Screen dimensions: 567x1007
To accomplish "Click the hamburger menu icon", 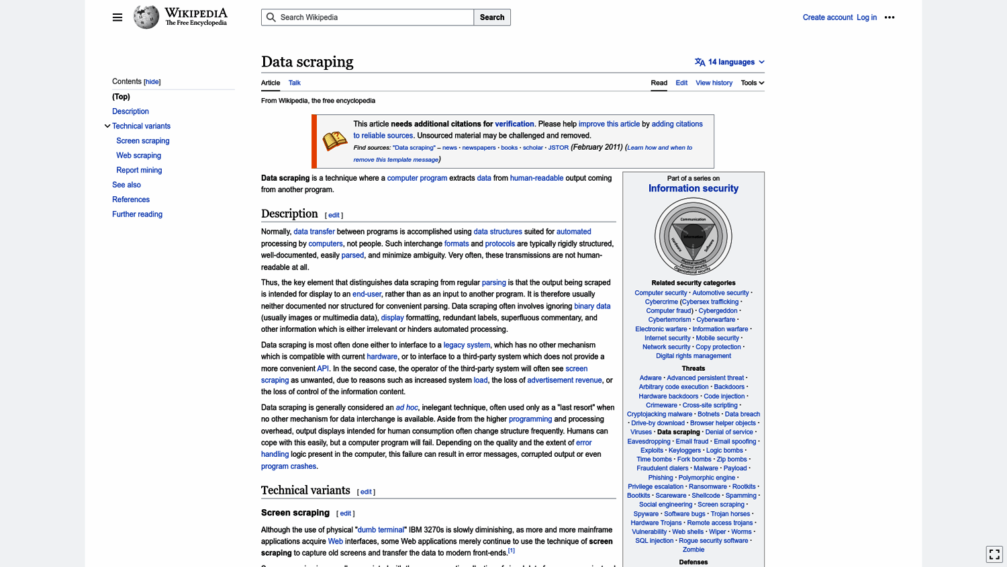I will (x=117, y=17).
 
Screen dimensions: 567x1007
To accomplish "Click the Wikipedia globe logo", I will (x=146, y=17).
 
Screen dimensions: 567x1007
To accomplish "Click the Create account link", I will (x=827, y=17).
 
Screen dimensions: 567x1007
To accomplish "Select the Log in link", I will (x=866, y=17).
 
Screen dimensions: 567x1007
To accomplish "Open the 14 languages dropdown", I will (x=730, y=62).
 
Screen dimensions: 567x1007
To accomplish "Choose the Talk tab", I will (x=294, y=83).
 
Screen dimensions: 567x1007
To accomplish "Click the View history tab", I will (x=714, y=83).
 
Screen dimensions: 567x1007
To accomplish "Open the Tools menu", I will (x=752, y=83).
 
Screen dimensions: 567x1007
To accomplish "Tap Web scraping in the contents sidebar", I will (x=138, y=155).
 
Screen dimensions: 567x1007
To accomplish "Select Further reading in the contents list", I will (x=137, y=214).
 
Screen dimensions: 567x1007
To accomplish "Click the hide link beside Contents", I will (x=152, y=82).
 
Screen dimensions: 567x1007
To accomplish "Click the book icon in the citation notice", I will (x=334, y=140).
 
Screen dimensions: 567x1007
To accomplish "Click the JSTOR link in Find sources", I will (x=558, y=148).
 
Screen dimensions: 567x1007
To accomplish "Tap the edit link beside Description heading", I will (x=334, y=215).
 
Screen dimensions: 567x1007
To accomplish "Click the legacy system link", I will (x=467, y=345).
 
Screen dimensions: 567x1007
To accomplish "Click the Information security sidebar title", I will (x=693, y=189).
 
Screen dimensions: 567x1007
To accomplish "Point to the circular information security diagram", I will (x=693, y=236).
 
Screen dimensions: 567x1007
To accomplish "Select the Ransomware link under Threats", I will (x=707, y=486).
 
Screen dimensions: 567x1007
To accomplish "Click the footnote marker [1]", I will (x=512, y=551).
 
